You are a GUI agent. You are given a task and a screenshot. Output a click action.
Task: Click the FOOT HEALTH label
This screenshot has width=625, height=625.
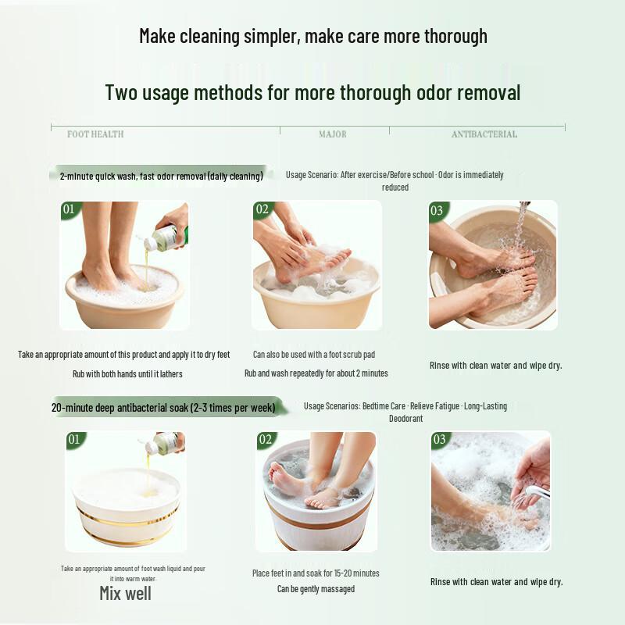click(95, 134)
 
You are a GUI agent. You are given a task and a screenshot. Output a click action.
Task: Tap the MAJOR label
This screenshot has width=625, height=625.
click(333, 134)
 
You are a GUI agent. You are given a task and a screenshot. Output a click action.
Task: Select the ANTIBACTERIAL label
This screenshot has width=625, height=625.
click(484, 134)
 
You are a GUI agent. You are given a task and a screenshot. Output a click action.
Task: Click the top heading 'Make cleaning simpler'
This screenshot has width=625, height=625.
click(312, 36)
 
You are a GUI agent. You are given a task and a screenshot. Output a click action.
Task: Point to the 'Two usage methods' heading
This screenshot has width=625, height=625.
click(312, 93)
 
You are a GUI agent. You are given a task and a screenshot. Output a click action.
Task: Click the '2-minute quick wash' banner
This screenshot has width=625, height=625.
click(161, 176)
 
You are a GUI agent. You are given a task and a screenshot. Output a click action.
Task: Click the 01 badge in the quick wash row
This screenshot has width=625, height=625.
click(70, 209)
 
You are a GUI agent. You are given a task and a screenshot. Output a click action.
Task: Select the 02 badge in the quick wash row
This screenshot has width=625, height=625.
click(262, 209)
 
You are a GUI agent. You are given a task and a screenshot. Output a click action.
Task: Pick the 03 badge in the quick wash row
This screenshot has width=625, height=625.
click(437, 210)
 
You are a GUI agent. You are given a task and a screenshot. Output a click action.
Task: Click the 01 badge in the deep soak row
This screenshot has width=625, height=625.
click(73, 439)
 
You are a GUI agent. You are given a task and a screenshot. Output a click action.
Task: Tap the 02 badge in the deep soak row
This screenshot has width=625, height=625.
click(266, 440)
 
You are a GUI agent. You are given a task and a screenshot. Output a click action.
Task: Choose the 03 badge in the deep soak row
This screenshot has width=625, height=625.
click(440, 440)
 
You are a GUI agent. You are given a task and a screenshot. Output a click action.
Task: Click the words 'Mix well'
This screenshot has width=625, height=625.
click(125, 593)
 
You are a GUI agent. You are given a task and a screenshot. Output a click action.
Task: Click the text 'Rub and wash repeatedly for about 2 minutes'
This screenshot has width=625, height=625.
click(316, 373)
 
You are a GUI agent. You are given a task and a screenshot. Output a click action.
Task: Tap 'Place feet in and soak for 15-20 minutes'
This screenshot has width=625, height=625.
click(316, 573)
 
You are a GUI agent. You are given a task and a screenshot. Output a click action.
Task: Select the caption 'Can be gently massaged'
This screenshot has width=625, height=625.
click(316, 589)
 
